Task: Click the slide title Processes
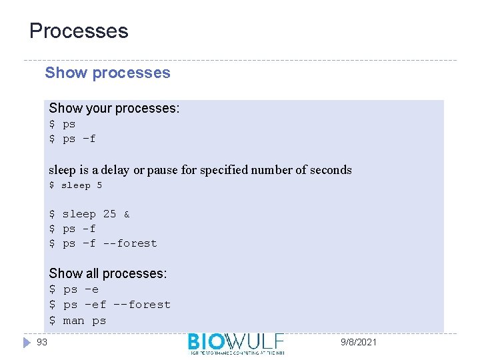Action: (79, 31)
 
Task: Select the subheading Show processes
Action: (107, 73)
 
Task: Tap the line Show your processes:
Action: (114, 108)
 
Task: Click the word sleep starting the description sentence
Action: (63, 170)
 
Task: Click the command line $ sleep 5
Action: (75, 185)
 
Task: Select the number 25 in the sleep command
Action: (109, 214)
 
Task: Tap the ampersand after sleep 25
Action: (127, 215)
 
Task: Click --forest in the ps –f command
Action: (130, 243)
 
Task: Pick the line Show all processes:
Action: (108, 273)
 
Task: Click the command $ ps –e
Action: (74, 289)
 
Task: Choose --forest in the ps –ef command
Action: (141, 305)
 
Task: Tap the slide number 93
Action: (42, 342)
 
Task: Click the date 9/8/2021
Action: (359, 342)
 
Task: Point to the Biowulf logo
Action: (236, 343)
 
